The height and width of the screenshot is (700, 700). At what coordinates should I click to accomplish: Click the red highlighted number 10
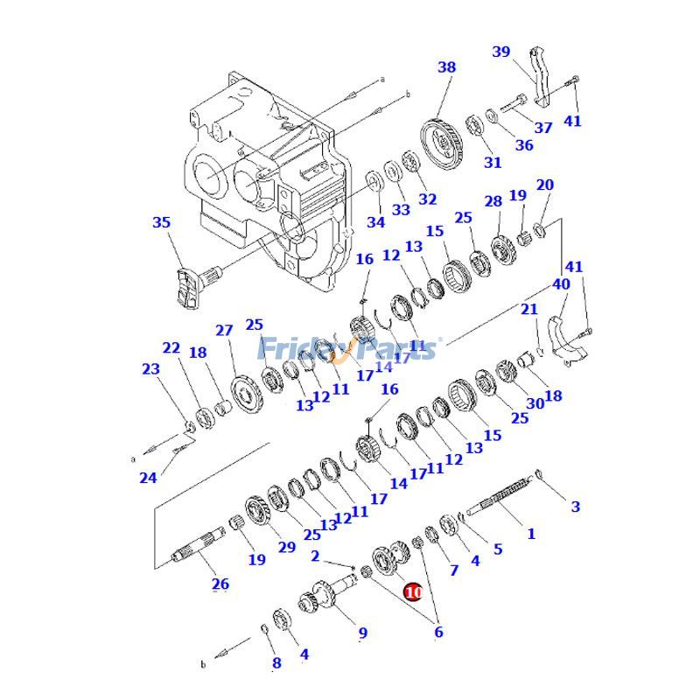413,592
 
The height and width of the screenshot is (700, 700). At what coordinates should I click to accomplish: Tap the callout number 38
446,66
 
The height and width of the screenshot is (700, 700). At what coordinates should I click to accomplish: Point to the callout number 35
162,223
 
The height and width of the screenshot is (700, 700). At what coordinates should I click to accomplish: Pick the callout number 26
220,584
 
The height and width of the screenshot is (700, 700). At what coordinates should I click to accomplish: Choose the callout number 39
501,52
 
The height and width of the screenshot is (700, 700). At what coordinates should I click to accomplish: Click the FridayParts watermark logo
350,350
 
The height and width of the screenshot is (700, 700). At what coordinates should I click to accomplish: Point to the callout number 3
575,507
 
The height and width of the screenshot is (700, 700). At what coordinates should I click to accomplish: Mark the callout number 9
362,633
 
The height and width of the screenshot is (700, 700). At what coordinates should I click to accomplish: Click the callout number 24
148,478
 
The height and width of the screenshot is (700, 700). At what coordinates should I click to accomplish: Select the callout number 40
560,284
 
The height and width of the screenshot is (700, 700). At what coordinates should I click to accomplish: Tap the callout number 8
276,662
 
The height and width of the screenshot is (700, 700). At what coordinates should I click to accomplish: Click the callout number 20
545,185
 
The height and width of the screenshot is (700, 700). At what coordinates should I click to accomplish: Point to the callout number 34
375,222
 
